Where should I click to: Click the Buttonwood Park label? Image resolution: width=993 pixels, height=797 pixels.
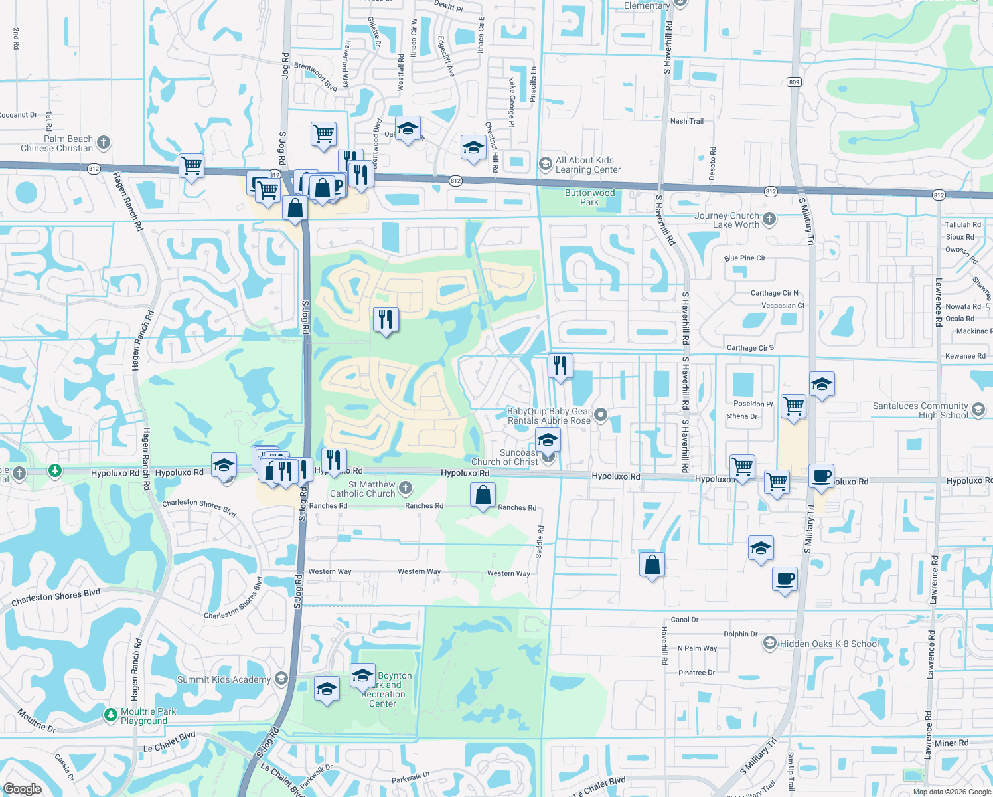click(x=589, y=197)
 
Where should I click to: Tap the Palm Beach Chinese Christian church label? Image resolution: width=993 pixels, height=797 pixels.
click(x=57, y=143)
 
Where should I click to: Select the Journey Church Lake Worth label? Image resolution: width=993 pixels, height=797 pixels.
click(x=727, y=220)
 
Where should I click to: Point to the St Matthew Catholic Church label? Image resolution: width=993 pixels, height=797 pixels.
click(x=362, y=489)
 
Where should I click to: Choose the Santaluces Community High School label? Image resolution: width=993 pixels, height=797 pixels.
click(x=920, y=410)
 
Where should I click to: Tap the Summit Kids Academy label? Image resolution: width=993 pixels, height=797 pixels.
click(x=224, y=679)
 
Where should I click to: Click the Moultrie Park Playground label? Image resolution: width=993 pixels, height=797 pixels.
click(x=148, y=716)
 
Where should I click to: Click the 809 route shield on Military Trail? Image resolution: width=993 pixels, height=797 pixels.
click(x=794, y=82)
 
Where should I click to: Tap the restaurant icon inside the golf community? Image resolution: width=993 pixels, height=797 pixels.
click(x=385, y=320)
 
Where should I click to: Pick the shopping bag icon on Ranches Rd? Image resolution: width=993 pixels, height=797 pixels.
click(x=483, y=495)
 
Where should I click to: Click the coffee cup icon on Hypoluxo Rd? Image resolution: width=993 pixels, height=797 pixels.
click(x=821, y=477)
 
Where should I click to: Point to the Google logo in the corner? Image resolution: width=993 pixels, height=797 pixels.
click(x=23, y=788)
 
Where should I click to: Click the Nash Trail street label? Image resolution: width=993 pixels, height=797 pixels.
click(x=686, y=121)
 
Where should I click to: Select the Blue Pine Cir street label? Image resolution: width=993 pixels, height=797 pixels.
click(x=745, y=258)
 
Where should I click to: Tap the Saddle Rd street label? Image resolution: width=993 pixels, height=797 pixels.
click(x=540, y=541)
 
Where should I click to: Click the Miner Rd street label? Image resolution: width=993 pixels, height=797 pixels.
click(x=951, y=743)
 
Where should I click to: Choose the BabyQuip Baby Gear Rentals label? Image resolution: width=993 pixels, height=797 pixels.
click(x=548, y=416)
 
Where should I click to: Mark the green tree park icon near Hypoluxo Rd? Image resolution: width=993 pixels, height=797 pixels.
click(x=55, y=471)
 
